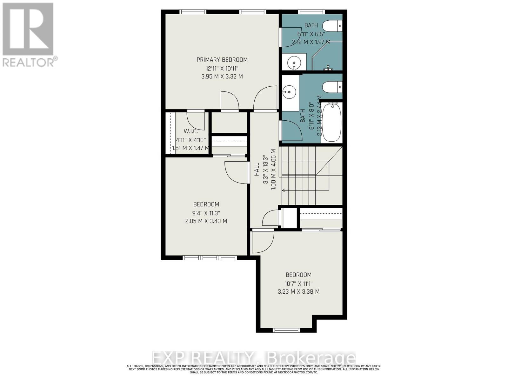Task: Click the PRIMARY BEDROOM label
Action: pos(222,60)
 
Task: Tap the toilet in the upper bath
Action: pos(332,26)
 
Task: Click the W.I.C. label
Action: pos(191,131)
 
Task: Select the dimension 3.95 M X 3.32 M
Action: pos(222,77)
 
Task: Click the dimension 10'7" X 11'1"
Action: pos(298,283)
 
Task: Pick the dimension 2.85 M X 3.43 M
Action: pos(206,221)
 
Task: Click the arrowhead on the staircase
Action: pos(284,190)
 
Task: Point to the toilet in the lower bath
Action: pos(332,86)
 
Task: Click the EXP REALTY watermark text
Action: pos(253,358)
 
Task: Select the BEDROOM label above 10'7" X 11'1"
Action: pos(298,275)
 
